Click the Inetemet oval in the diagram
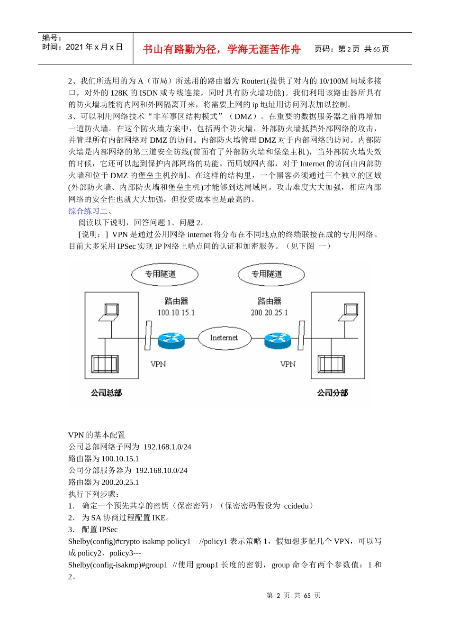[224, 338]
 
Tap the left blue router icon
[171, 339]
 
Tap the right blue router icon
[278, 339]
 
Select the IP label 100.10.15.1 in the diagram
[176, 313]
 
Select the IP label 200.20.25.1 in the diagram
[269, 313]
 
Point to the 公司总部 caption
[107, 393]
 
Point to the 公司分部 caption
[333, 393]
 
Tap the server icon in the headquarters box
[105, 364]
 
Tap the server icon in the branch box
[332, 364]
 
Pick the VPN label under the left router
[158, 364]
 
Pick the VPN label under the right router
[288, 364]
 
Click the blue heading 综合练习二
[90, 211]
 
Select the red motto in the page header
[222, 49]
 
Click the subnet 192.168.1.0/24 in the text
[167, 447]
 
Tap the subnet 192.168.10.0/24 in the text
[162, 471]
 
